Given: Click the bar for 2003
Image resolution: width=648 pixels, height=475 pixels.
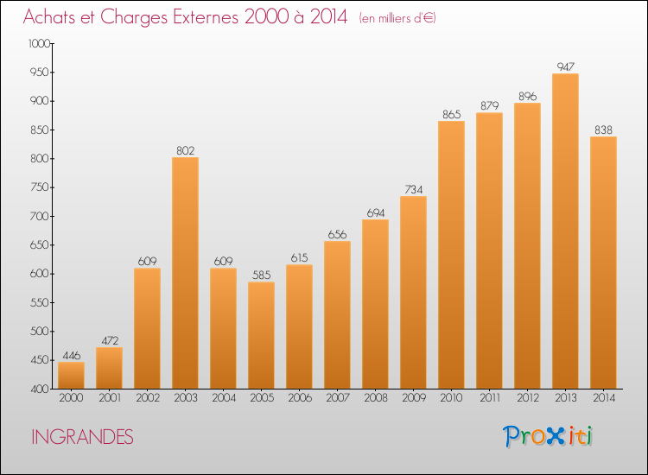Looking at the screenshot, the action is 185,273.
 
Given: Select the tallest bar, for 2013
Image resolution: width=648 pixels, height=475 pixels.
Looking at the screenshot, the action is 565,231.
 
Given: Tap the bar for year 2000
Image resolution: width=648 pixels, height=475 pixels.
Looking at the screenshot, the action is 71,375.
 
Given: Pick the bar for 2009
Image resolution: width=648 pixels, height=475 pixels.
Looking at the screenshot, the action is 413,292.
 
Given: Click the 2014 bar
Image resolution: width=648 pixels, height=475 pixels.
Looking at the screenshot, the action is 603,263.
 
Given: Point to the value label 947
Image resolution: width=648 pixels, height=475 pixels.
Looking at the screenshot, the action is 565,66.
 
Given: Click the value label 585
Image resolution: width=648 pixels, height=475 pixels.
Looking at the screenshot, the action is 261,275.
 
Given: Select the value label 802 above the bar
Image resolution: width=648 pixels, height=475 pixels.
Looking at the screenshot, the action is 185,150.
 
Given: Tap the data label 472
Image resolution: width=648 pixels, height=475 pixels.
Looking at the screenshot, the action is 110,340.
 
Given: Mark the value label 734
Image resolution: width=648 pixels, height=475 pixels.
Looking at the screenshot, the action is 413,189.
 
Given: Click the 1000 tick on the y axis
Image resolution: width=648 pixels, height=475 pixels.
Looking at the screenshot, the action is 39,43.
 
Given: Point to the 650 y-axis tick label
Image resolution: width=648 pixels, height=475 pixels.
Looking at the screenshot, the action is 40,245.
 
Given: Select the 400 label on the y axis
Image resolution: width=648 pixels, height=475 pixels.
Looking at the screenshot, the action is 40,389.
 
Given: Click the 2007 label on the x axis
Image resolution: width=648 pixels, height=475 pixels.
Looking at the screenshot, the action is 338,397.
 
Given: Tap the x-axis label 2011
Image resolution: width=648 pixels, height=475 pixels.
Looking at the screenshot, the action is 490,397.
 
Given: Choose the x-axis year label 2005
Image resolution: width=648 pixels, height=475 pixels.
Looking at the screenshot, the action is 262,397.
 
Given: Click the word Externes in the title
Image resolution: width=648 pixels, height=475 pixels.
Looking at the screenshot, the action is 206,16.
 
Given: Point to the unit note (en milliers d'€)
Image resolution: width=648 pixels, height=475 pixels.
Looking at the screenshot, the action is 397,18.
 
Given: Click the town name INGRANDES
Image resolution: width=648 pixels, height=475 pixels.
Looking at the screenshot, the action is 82,437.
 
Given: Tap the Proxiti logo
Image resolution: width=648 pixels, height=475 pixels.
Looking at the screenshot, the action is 548,436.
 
